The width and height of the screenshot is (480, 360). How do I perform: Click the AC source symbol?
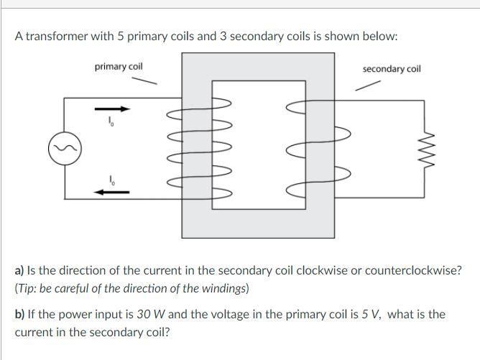[x=64, y=149]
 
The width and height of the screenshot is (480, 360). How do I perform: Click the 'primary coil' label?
[x=119, y=67]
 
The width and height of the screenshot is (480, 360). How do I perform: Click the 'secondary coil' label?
[x=392, y=69]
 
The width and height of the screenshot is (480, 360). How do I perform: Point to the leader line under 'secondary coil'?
[x=369, y=85]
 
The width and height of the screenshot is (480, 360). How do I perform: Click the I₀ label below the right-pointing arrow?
[x=111, y=122]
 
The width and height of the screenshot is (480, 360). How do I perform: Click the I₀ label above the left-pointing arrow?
[x=111, y=178]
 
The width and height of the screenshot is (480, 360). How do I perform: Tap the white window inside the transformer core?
[x=249, y=144]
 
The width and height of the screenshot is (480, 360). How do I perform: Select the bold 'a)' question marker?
[x=20, y=271]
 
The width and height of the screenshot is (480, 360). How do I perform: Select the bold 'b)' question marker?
[x=20, y=314]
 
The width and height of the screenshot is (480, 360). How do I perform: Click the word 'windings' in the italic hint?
[x=224, y=289]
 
